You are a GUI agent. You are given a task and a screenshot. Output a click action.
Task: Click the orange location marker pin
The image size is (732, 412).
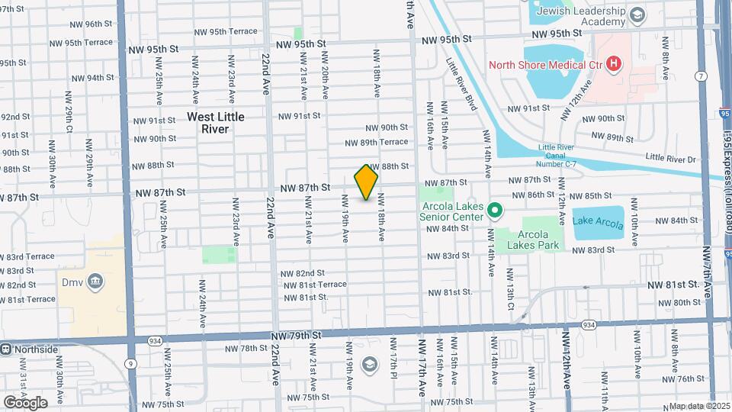pos(366,182)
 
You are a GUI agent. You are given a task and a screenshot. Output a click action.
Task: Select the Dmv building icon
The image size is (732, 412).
pos(95,283)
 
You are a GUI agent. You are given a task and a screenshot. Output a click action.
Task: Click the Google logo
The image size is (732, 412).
pos(25,402)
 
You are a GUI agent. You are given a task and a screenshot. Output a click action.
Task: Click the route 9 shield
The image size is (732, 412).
pos(132,363)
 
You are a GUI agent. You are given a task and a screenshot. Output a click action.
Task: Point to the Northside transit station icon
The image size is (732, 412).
pos(6,349)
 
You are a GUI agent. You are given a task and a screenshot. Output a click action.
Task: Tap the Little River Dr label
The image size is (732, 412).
pos(671,158)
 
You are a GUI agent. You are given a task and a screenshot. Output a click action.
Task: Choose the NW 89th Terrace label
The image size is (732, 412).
pos(376,143)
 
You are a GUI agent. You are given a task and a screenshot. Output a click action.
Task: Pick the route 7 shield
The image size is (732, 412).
pos(700,75)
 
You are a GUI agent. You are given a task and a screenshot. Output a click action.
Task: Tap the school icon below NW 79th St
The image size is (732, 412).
pos(370,363)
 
